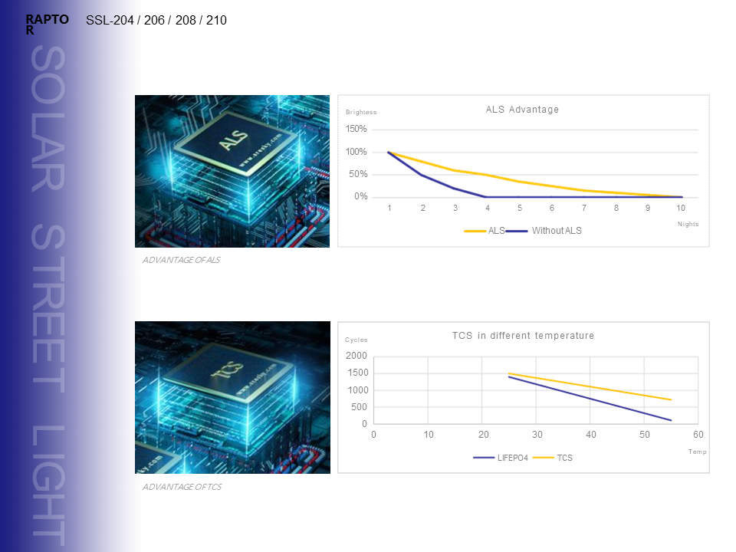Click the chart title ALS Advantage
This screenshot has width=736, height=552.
[522, 110]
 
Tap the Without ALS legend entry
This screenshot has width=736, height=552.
[557, 230]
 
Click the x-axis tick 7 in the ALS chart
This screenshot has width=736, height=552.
[584, 208]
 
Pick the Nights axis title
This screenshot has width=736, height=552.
[688, 224]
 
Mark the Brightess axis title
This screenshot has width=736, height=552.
[361, 113]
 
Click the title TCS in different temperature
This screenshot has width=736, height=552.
[523, 336]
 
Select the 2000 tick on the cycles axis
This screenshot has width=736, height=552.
[356, 356]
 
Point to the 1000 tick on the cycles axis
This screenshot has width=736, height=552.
[358, 390]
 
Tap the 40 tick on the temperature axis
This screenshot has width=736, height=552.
[591, 435]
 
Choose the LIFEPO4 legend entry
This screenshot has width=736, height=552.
[512, 458]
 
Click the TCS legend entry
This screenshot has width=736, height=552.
[564, 458]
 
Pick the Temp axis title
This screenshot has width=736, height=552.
[697, 452]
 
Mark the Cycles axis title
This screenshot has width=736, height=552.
[356, 340]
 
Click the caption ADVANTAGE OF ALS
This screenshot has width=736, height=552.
[181, 260]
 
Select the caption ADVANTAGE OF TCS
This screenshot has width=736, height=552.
[182, 487]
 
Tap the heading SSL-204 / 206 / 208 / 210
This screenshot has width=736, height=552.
[156, 21]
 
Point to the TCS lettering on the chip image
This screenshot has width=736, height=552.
[231, 371]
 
